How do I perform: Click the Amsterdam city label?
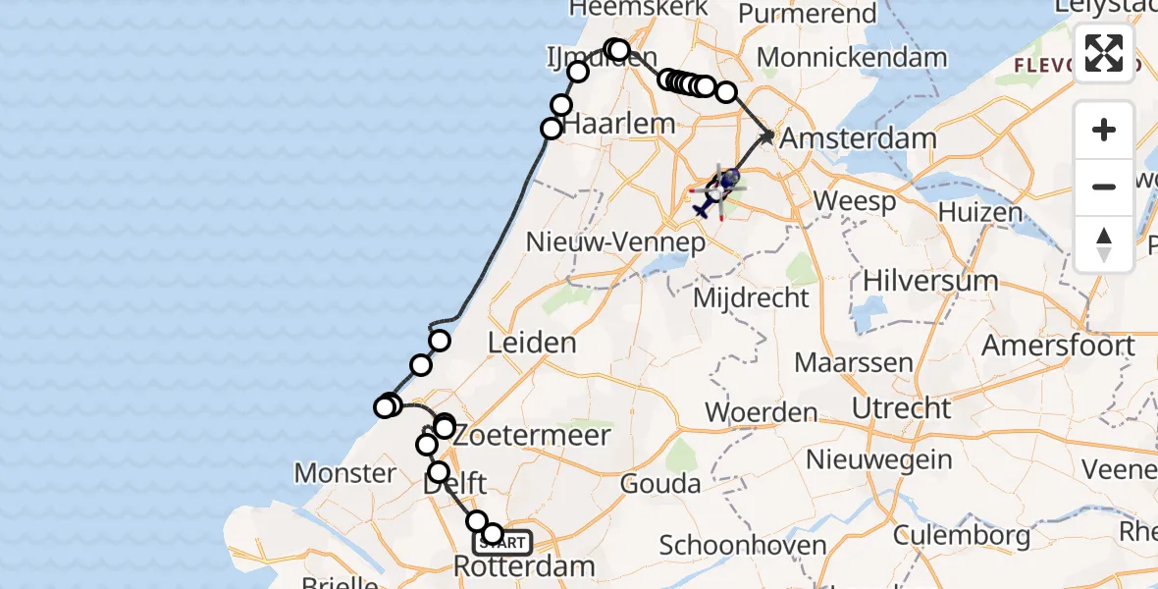click(856, 137)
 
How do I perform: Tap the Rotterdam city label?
click(524, 566)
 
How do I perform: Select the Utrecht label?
click(901, 407)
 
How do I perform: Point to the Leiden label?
click(531, 343)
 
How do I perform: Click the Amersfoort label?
click(1058, 346)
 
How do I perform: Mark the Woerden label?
click(761, 411)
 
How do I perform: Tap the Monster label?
click(345, 473)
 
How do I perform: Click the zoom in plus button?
click(1104, 131)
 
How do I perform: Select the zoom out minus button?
click(1104, 187)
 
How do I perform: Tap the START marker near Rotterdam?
click(503, 542)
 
